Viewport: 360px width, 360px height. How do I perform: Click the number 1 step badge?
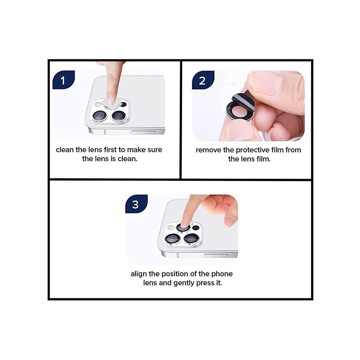point(63,80)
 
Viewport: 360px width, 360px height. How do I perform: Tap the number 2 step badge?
point(203,80)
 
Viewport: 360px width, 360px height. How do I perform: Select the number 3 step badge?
point(136,204)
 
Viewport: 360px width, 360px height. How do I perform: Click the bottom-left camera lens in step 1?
point(99,116)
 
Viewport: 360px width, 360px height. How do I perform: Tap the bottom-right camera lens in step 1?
point(119,116)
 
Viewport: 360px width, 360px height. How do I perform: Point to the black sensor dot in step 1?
point(123,104)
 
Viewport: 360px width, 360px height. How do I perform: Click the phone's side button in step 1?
point(144,131)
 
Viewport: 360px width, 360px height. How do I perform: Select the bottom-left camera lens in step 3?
point(173,239)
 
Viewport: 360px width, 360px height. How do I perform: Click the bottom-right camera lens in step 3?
point(192,239)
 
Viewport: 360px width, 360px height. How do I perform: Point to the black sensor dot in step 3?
point(196,228)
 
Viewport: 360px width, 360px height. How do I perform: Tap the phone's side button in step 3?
point(216,255)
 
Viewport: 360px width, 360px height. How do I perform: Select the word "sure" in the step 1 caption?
point(155,150)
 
